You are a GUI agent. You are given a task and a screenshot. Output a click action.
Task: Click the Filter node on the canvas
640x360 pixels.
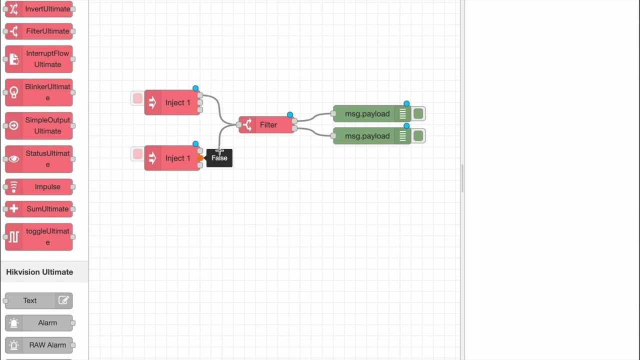click(268, 125)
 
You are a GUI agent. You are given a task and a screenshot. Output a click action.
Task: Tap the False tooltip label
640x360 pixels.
click(219, 158)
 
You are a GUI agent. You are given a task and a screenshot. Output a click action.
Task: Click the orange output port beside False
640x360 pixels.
click(200, 158)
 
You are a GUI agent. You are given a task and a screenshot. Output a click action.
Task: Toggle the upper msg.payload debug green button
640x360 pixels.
click(418, 114)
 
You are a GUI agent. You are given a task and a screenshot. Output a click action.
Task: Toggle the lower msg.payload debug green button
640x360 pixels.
click(418, 136)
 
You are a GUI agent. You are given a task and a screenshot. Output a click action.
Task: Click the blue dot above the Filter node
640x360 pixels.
click(290, 115)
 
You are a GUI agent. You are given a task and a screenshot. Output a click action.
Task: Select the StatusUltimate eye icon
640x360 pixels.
click(14, 159)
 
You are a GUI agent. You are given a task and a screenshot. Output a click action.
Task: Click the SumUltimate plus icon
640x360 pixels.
click(14, 209)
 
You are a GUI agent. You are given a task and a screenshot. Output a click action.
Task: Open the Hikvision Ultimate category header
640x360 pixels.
click(40, 272)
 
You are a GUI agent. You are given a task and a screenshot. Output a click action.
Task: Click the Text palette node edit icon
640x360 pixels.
click(63, 300)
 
